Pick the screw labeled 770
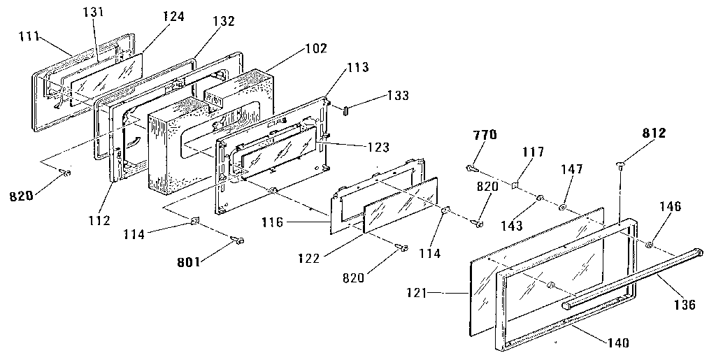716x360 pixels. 471,168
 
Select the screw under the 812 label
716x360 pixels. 620,166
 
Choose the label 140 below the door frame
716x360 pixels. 618,343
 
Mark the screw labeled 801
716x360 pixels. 238,240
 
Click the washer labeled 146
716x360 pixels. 650,245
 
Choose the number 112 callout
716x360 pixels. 99,222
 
